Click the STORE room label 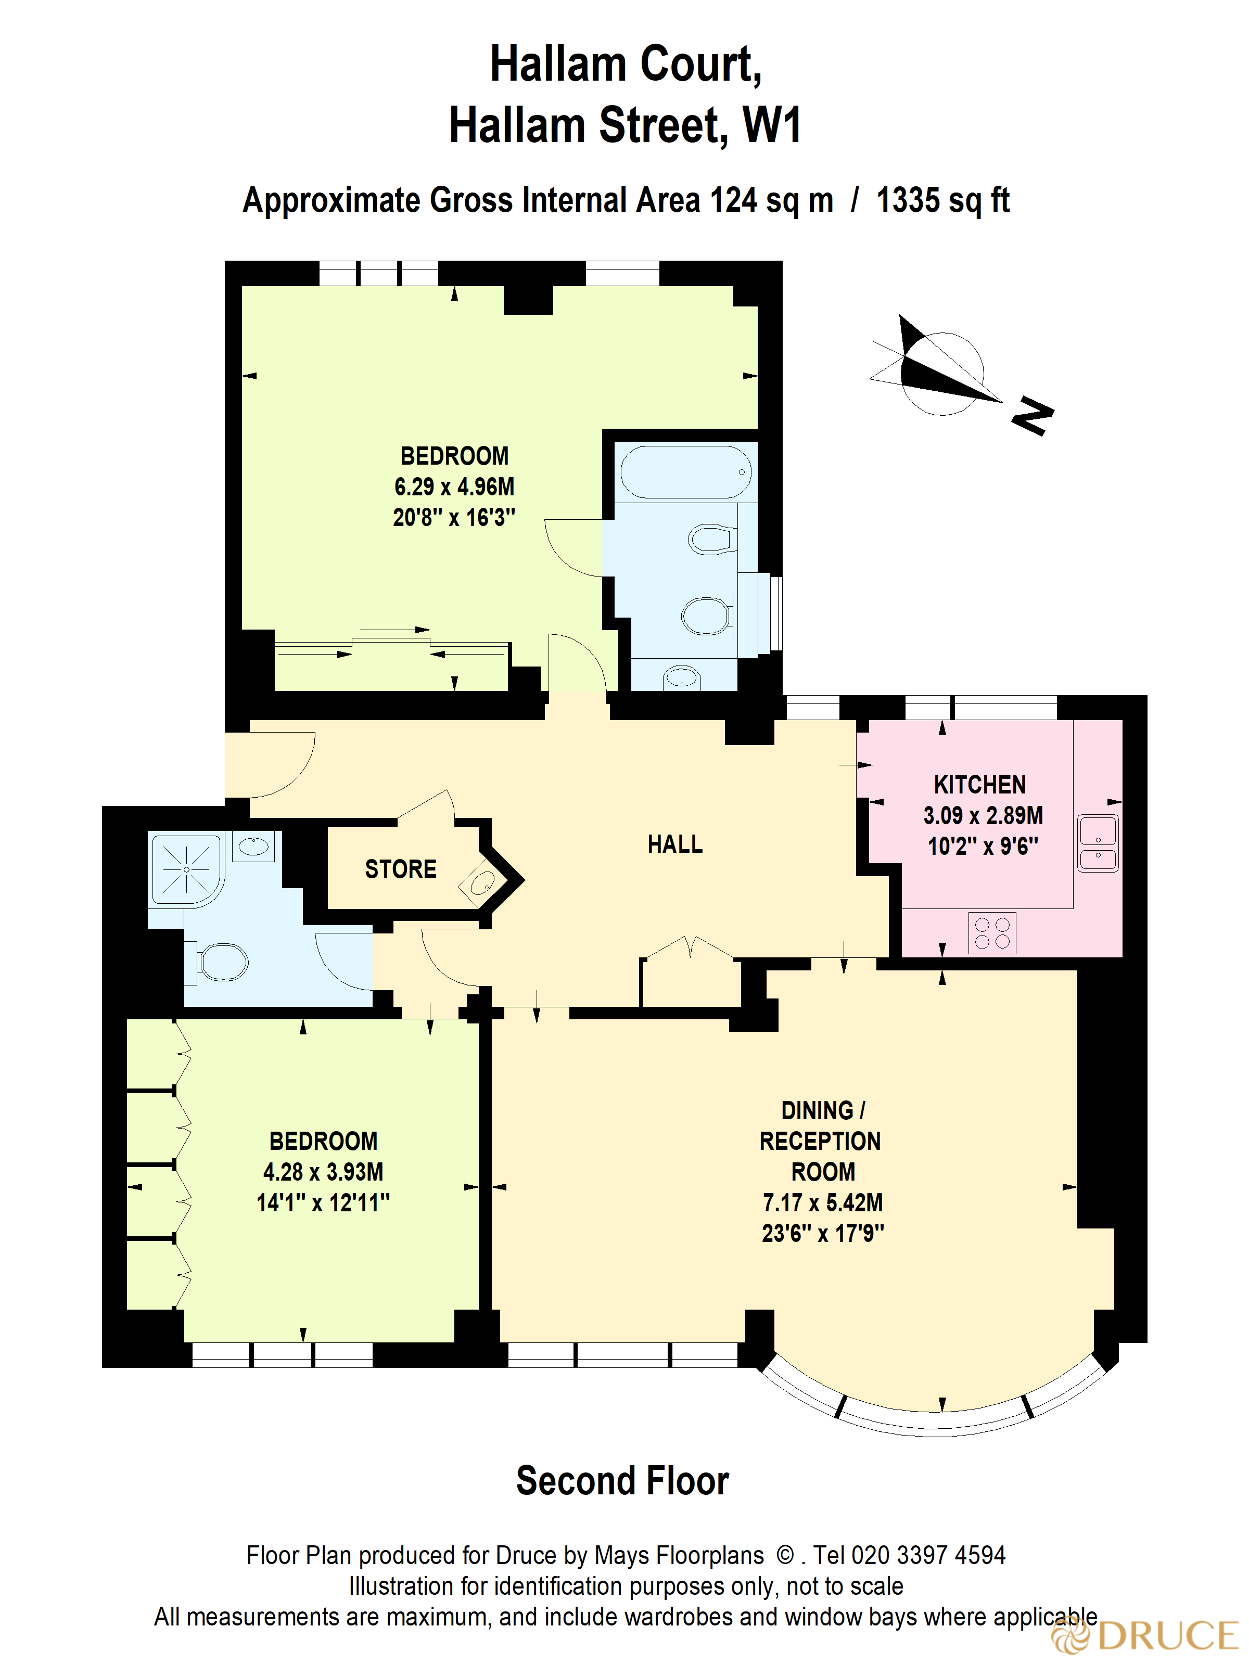coord(401,869)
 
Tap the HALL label coord(674,844)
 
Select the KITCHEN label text coord(979,785)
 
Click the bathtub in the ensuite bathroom coord(685,472)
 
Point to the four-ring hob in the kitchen coord(991,933)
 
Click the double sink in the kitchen coord(1098,843)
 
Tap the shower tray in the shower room coord(187,869)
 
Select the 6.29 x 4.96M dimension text coord(454,487)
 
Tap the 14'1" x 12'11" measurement coord(323,1203)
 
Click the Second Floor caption coord(622,1481)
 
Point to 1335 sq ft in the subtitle coord(942,201)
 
